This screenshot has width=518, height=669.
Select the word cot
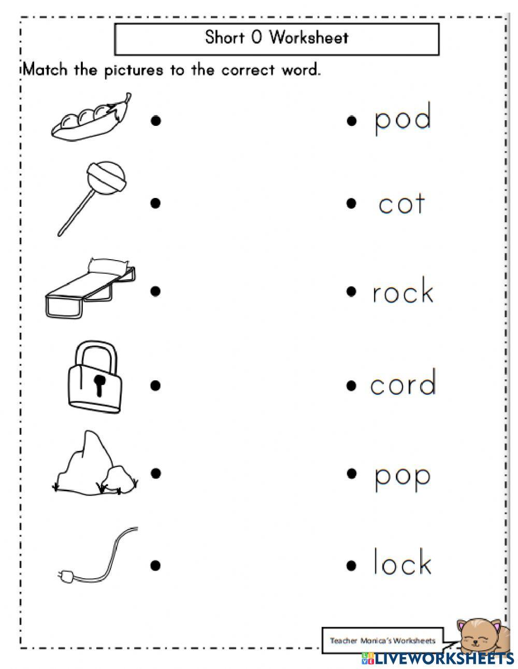[401, 204]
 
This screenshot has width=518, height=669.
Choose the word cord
[403, 383]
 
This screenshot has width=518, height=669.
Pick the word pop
[402, 476]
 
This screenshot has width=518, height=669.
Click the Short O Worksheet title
[277, 38]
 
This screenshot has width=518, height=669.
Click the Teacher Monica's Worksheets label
[383, 640]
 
